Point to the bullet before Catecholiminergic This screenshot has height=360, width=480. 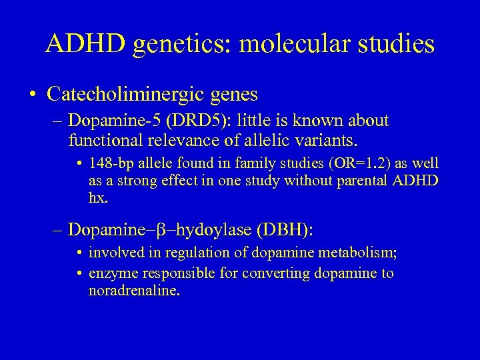coord(33,95)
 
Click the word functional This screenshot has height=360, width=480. coord(100,141)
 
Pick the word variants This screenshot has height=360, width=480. coord(331,141)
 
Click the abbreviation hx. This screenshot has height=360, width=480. coord(97,198)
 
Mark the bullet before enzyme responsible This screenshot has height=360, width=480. coord(80,273)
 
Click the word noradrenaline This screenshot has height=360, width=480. coord(134,291)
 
